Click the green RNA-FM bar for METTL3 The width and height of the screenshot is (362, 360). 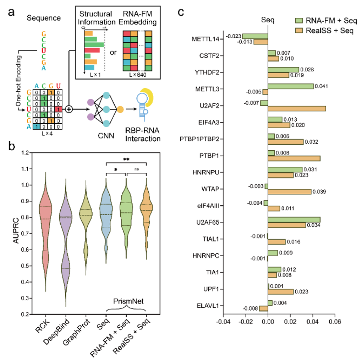tap(290, 86)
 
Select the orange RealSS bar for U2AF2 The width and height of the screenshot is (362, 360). tap(296, 108)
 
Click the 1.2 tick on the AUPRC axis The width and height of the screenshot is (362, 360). tap(24, 152)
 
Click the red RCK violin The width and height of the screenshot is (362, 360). tap(45, 227)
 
